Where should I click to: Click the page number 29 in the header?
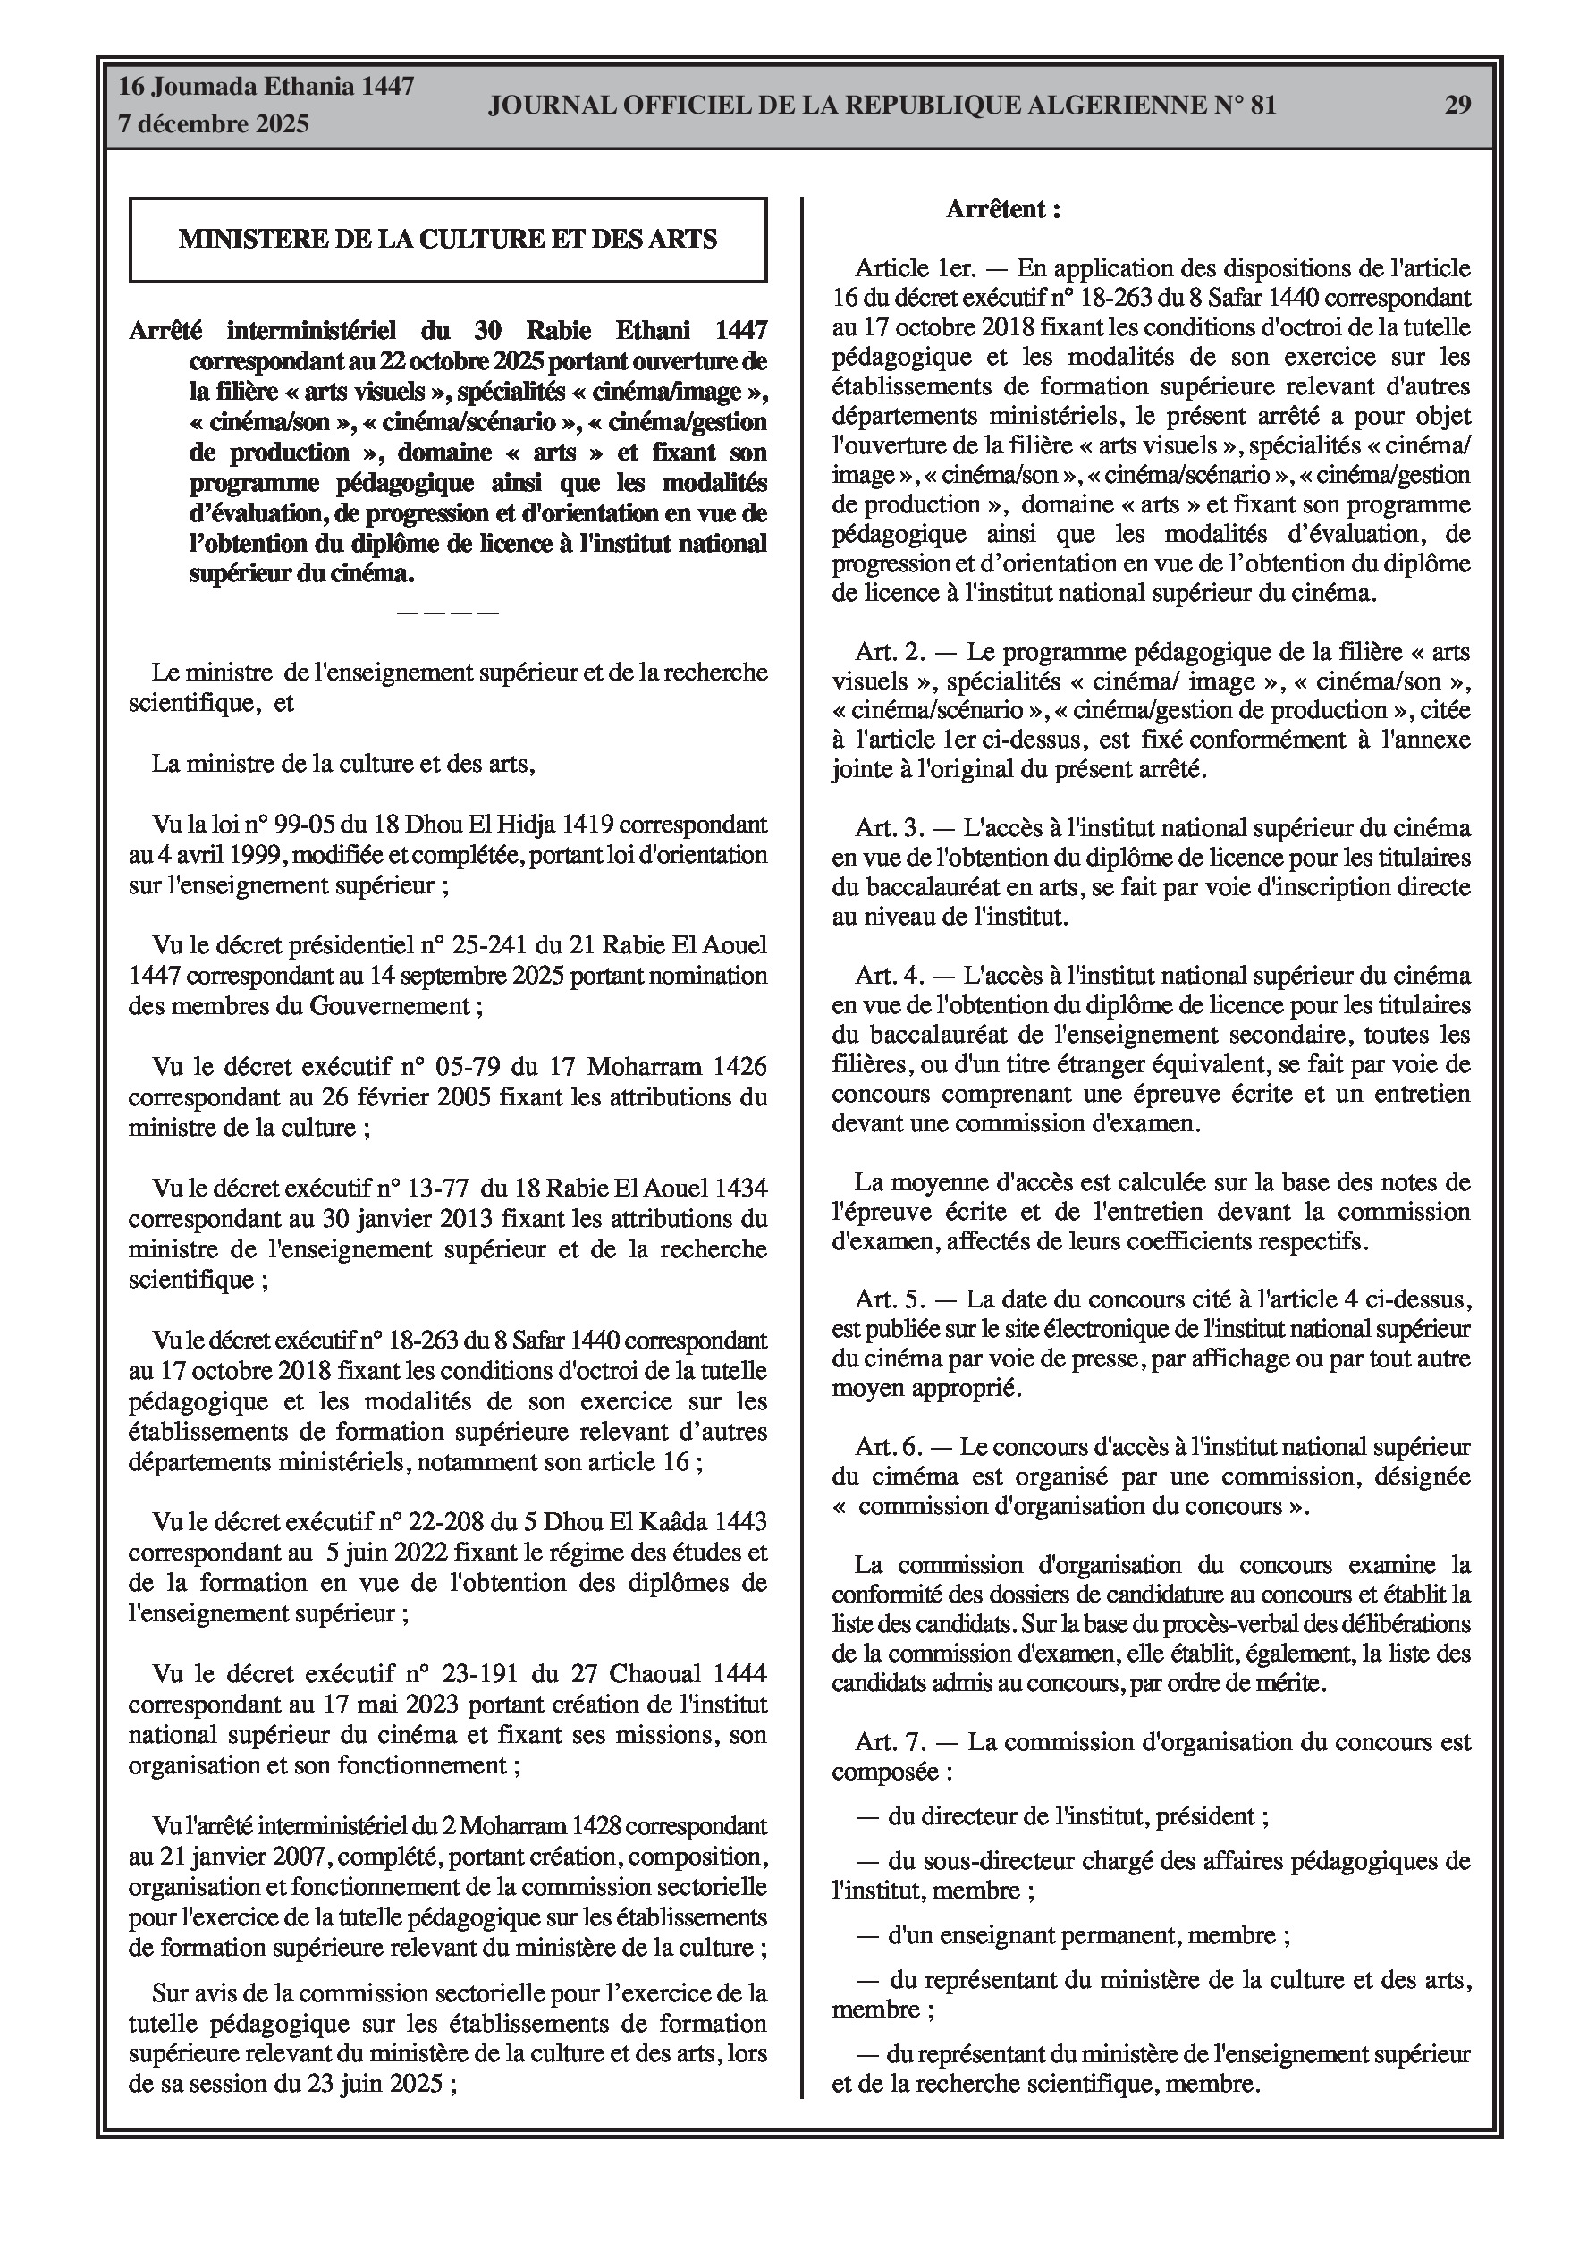click(x=1457, y=106)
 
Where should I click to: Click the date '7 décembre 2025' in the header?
click(x=214, y=124)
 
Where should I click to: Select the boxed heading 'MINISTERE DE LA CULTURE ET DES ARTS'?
click(x=448, y=239)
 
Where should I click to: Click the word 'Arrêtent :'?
click(x=1002, y=209)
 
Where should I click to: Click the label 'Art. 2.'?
click(x=891, y=652)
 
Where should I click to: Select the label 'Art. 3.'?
click(x=891, y=828)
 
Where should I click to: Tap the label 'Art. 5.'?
click(x=891, y=1299)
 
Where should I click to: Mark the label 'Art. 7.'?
click(x=891, y=1742)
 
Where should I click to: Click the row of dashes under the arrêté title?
click(x=448, y=613)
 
